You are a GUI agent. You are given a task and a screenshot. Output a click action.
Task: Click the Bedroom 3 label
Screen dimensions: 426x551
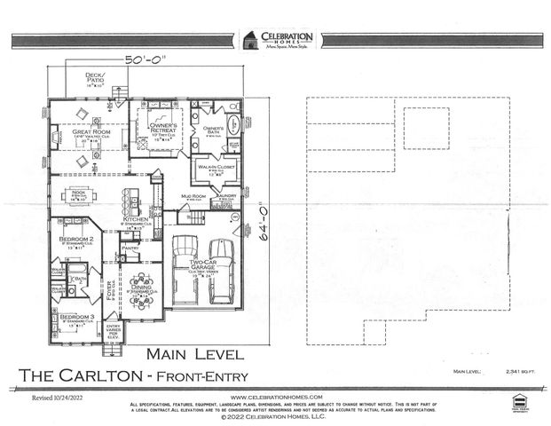coord(76,317)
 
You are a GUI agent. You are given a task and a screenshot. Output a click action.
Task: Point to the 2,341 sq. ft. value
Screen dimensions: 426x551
coord(506,372)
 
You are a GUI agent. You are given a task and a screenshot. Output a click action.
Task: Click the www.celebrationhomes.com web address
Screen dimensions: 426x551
coord(275,397)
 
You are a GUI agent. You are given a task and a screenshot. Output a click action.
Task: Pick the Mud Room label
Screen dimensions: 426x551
coord(194,196)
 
